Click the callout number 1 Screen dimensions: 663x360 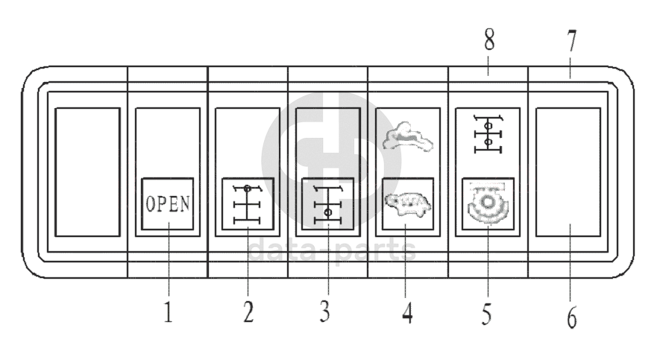169,311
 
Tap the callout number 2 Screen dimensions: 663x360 248,311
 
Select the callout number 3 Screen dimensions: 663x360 324,311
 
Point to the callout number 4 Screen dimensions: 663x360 407,312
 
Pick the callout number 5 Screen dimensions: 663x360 486,313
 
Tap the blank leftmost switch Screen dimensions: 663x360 88,171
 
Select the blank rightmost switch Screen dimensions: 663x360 568,171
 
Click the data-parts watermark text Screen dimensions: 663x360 331,250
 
